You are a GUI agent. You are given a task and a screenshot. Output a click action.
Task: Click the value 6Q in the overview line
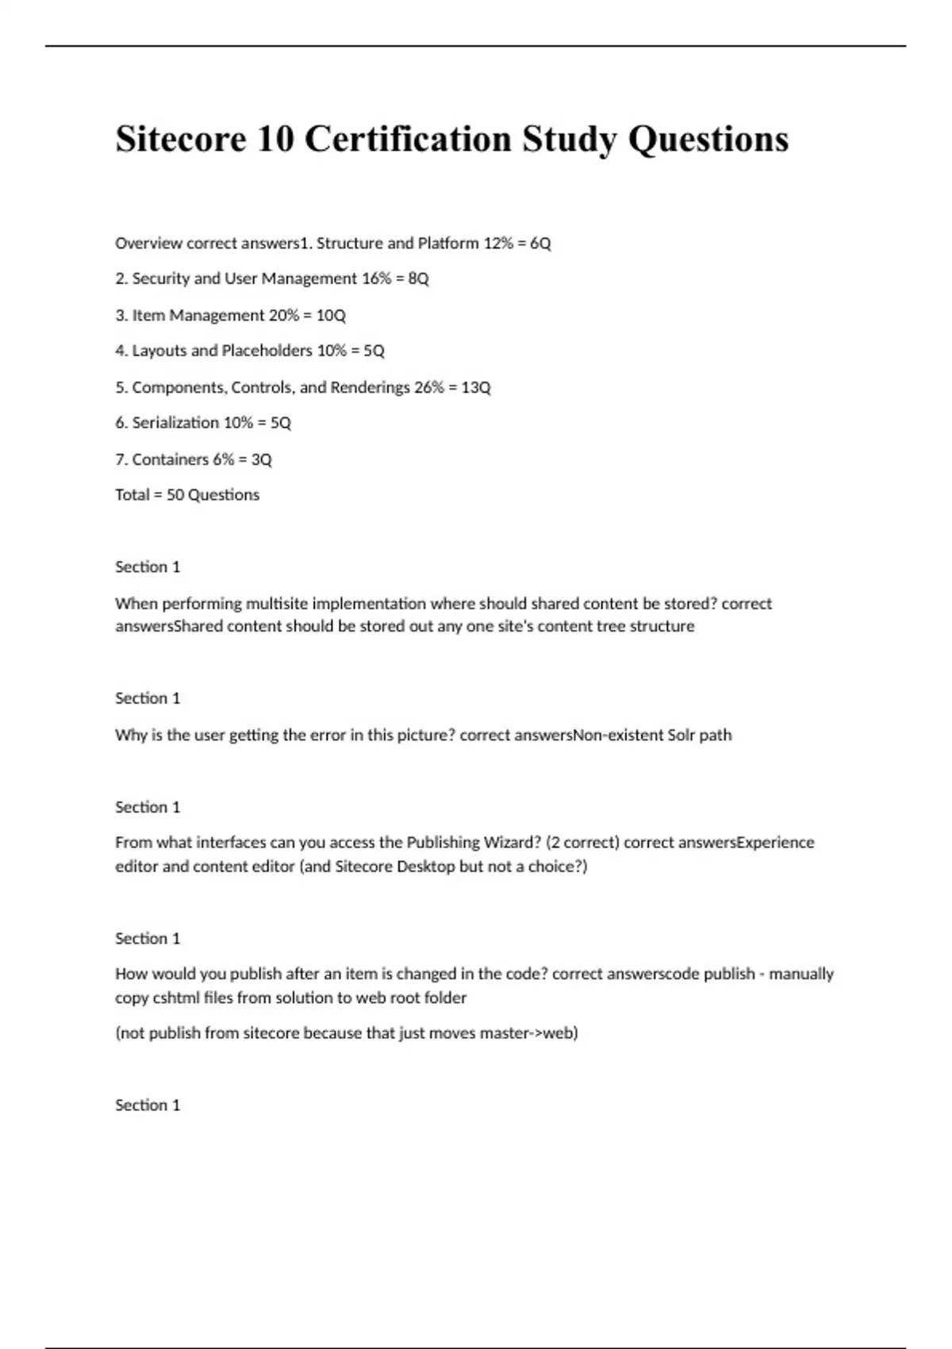[540, 243]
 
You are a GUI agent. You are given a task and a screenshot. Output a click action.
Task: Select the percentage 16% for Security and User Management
[376, 279]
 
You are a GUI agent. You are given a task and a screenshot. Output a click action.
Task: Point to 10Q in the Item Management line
[331, 315]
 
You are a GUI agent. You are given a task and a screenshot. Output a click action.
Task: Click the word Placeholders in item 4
[267, 351]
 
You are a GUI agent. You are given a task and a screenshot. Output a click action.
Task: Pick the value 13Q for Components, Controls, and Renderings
[476, 387]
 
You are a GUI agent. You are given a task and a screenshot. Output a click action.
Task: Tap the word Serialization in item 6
[175, 423]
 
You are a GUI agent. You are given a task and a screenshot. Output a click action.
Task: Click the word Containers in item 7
[171, 459]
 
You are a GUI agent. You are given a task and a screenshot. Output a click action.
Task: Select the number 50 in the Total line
[175, 495]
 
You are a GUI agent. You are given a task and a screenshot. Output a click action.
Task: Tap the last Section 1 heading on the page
[148, 1105]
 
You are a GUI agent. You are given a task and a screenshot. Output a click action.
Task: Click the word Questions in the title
[708, 140]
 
